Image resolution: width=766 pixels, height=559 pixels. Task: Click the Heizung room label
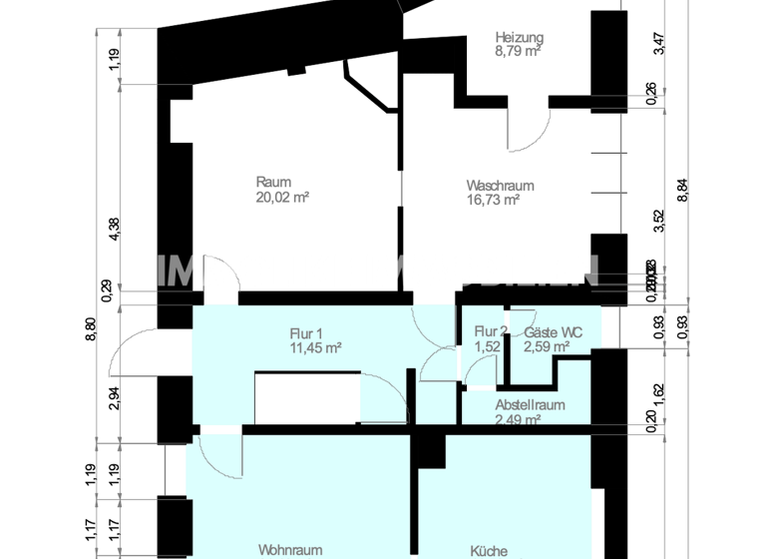click(x=520, y=37)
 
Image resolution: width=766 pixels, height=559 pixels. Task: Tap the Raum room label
click(x=273, y=182)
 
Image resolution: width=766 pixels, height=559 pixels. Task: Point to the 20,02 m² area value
click(x=282, y=197)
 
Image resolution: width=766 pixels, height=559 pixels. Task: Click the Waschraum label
click(x=501, y=185)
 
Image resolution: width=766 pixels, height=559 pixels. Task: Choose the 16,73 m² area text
click(x=494, y=200)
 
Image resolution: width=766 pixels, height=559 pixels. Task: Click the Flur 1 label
click(x=308, y=333)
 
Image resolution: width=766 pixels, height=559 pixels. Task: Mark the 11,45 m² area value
click(x=314, y=347)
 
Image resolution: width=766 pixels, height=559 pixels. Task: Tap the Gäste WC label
click(x=554, y=332)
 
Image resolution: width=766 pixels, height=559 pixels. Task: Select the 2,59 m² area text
click(x=547, y=347)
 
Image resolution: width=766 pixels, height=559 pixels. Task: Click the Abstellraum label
click(x=531, y=405)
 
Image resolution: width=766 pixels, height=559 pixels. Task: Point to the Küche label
click(x=489, y=550)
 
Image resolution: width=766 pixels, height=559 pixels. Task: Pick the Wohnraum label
click(x=290, y=550)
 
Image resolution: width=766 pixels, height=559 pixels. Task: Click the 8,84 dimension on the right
click(x=683, y=190)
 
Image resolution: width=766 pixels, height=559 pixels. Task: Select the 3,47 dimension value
click(x=657, y=45)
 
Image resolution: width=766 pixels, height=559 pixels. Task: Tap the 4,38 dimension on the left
click(x=115, y=230)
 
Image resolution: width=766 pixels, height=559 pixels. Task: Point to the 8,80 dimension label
click(x=90, y=329)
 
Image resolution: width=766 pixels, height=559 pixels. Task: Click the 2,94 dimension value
click(x=115, y=398)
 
